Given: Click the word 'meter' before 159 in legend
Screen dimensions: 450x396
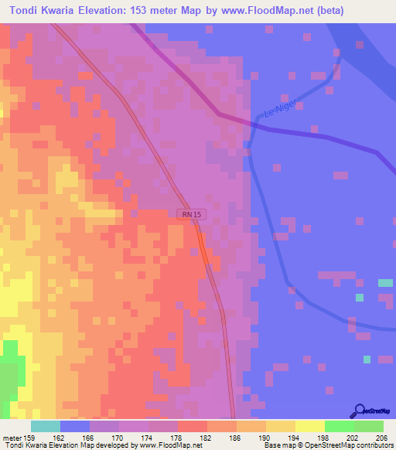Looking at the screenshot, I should tap(12, 437).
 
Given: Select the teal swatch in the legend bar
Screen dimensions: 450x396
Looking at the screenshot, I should tap(45, 426).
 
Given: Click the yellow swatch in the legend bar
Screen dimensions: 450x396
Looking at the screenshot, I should tap(309, 426).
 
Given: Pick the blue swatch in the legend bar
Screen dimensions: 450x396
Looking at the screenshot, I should tap(74, 426).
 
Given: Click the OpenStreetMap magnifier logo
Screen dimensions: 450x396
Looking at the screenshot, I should tap(359, 411).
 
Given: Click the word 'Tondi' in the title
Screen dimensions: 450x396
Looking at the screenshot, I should tap(27, 10).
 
